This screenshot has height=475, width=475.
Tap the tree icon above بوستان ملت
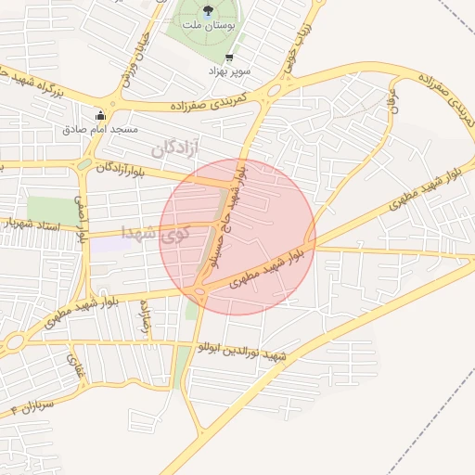click(206, 11)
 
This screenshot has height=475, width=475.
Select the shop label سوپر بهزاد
click(229, 71)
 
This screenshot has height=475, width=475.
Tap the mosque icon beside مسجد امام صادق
click(100, 115)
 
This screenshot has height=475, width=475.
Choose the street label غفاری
click(73, 365)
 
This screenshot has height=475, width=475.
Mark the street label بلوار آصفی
click(82, 220)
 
